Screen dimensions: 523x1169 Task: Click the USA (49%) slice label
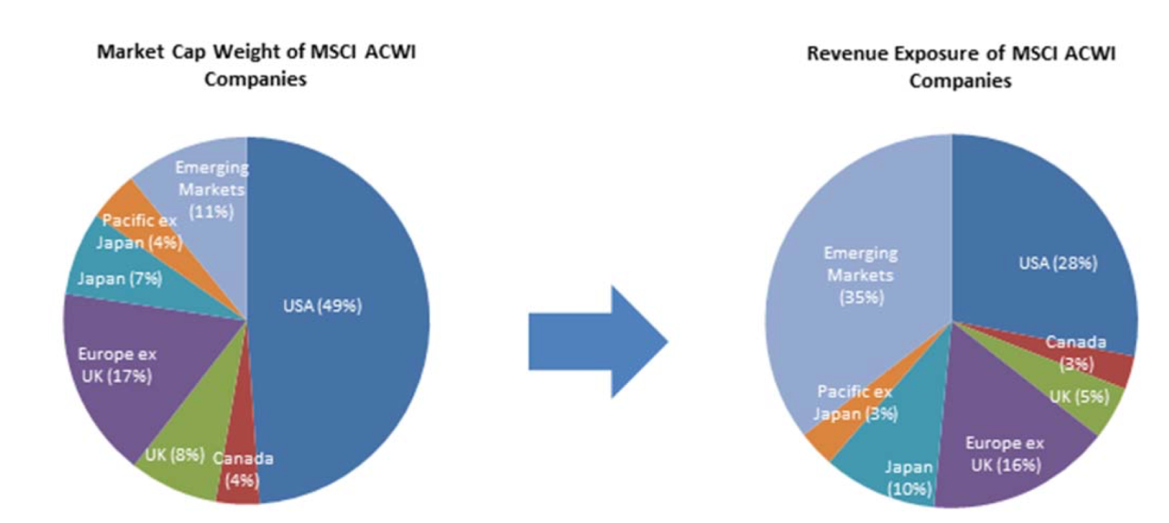[x=321, y=306]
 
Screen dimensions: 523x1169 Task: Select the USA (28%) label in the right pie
[x=1058, y=263]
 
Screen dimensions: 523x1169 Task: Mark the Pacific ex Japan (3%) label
[x=856, y=403]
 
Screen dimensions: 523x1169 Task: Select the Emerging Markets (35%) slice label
[x=860, y=274]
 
